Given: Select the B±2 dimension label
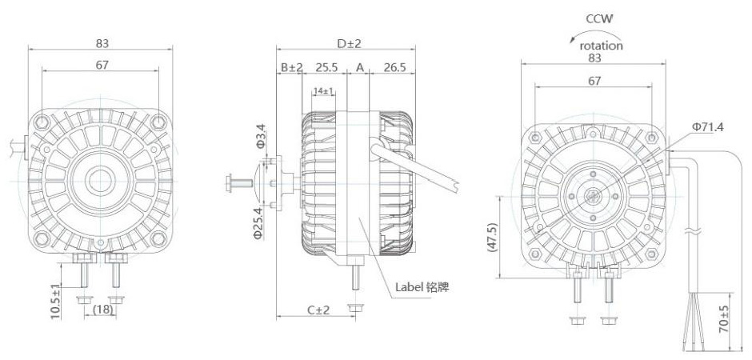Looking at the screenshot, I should click(x=290, y=69).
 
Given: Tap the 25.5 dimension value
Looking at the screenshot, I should click(x=325, y=69).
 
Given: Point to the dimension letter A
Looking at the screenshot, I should click(x=359, y=69).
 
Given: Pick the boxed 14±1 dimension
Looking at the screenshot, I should click(x=324, y=91).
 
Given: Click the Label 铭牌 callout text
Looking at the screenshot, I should click(x=422, y=286).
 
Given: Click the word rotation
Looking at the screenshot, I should click(x=602, y=46).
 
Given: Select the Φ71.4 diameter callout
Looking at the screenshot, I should click(x=707, y=126).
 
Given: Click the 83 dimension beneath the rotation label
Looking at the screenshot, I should click(x=594, y=58).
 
